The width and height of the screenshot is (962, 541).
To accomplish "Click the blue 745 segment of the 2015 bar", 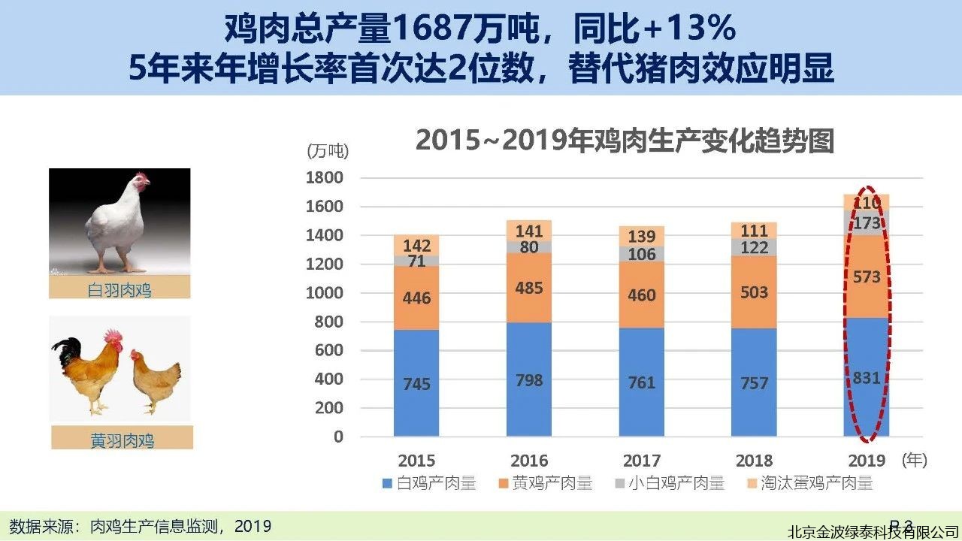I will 416,384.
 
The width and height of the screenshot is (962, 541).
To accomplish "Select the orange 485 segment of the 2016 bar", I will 529,288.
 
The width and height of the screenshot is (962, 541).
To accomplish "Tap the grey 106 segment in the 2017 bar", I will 642,255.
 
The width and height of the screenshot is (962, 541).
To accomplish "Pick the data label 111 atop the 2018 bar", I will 754,231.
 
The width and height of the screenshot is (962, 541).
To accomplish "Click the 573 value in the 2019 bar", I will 867,277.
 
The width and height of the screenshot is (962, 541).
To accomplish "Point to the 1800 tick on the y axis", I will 324,177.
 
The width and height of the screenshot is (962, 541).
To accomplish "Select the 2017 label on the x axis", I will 642,461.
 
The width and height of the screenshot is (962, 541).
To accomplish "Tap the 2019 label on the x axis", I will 867,461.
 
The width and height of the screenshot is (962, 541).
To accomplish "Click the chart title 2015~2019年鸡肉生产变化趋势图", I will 625,141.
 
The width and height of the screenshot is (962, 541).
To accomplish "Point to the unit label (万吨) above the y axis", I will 328,150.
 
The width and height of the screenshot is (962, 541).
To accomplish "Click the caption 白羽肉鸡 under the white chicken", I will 119,289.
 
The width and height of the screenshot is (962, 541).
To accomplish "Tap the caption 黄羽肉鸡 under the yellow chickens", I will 122,440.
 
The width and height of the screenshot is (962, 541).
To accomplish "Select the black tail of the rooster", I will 63,349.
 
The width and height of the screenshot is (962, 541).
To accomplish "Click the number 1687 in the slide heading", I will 431,29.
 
